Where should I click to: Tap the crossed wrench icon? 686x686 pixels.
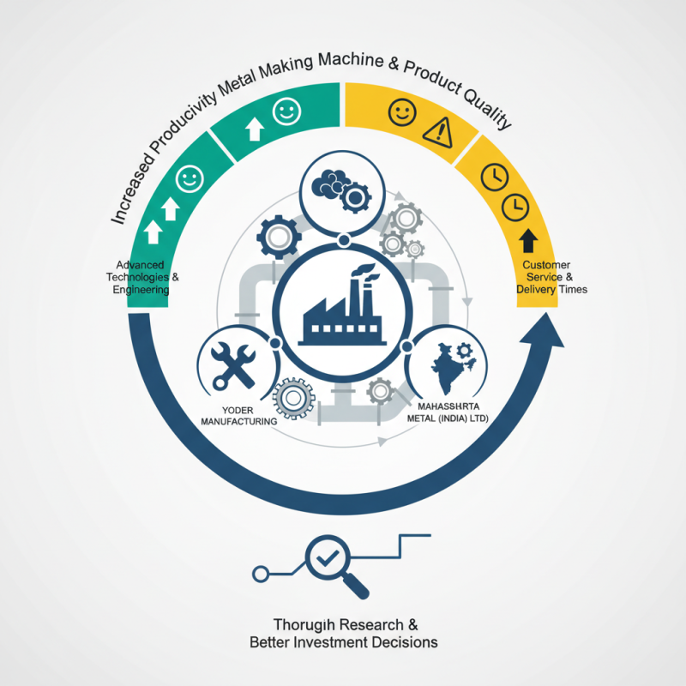(232, 366)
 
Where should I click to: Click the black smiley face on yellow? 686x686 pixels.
(402, 112)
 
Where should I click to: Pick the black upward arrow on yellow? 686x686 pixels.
(528, 240)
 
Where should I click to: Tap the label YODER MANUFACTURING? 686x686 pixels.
(238, 416)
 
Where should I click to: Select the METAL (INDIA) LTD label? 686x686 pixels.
(448, 418)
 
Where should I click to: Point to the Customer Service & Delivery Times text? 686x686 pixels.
(551, 277)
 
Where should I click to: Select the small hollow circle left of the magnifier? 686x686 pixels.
(261, 574)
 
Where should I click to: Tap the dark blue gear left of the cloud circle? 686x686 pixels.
(279, 238)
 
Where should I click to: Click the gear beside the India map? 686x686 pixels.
(464, 351)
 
